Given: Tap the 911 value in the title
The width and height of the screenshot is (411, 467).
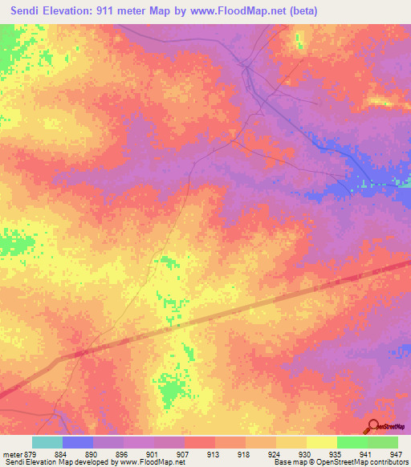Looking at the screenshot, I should [102, 11].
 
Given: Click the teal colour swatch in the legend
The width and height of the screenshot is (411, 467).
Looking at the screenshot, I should [47, 442].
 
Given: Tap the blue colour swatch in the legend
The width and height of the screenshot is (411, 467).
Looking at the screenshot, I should [78, 442].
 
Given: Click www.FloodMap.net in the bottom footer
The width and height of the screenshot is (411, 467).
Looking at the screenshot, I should [153, 463].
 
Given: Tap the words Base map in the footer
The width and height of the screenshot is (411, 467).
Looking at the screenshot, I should [287, 463].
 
